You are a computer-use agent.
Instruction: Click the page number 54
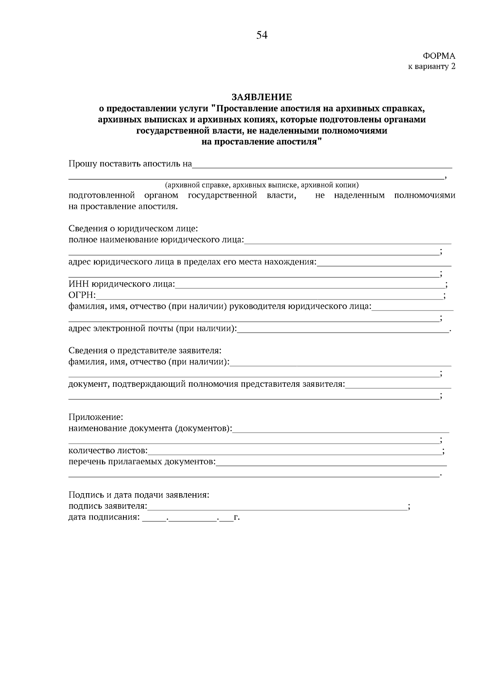click(262, 35)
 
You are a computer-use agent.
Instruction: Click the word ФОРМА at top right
click(439, 56)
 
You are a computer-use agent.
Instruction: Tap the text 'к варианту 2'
click(431, 67)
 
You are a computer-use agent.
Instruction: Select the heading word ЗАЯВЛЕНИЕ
click(262, 97)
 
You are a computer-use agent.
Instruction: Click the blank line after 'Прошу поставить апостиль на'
click(322, 165)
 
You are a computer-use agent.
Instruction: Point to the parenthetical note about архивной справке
click(262, 185)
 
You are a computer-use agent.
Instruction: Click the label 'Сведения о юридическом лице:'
click(133, 229)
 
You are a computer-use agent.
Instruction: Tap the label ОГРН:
click(82, 295)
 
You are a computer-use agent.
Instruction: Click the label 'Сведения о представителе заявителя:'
click(145, 350)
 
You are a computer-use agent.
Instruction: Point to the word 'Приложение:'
click(96, 417)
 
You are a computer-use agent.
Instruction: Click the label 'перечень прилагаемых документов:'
click(142, 462)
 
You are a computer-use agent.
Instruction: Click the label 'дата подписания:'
click(104, 518)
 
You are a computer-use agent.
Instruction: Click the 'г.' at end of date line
click(237, 518)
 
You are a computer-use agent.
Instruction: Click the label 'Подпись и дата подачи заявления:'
click(139, 495)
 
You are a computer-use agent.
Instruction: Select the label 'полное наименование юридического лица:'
click(156, 240)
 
